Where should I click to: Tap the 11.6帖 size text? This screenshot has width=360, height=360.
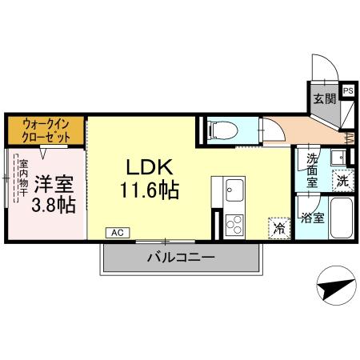149,192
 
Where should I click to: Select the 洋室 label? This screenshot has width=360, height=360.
54,182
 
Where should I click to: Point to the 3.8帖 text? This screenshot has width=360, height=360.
54,206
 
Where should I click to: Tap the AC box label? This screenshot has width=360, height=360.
117,233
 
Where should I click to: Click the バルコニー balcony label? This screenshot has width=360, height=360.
180,258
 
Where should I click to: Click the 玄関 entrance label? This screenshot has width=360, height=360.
323,99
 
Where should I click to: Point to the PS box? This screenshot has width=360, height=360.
348,91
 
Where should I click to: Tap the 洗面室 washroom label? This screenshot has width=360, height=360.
313,170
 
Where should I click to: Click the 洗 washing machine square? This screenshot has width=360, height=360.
342,182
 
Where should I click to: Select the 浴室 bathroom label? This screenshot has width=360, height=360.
313,217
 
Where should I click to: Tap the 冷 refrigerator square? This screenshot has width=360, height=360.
279,227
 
